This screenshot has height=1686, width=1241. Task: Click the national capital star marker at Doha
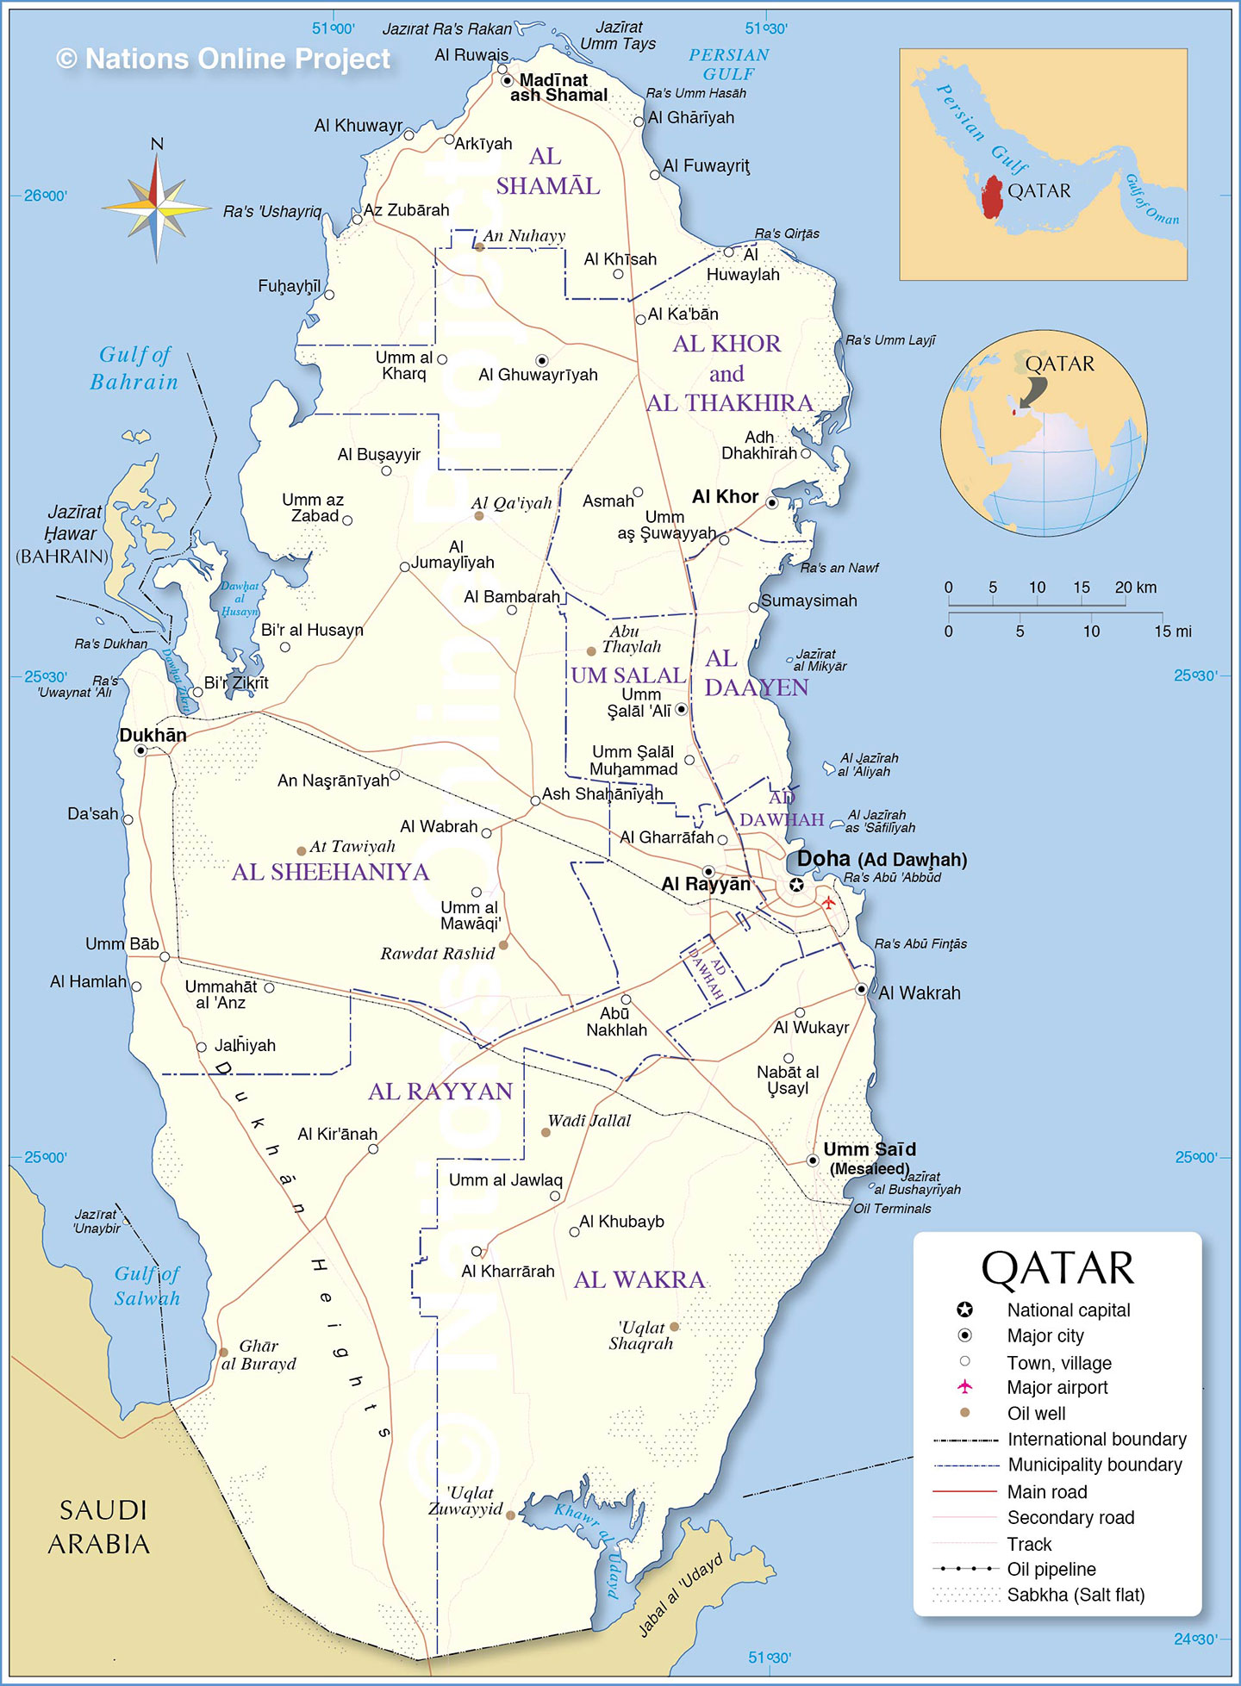pos(796,885)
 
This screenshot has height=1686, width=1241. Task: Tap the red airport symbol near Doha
pos(828,902)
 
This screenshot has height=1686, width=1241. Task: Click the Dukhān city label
pos(153,735)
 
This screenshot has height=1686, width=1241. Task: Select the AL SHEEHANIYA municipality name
pos(330,872)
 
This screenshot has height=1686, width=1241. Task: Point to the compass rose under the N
pos(156,207)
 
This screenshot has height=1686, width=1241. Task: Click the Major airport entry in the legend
pos(1057,1387)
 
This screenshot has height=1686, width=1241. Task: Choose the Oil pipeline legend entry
pos(1051,1569)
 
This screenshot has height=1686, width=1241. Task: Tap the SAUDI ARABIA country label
pos(98,1527)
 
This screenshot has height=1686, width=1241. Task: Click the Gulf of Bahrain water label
pos(134,368)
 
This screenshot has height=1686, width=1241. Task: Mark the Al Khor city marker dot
pos(772,502)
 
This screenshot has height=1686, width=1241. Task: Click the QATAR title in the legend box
pos(1057,1268)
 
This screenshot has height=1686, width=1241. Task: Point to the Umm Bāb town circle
pos(165,956)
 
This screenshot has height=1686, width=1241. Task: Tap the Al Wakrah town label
pos(919,993)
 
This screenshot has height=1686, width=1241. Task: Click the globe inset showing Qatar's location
pos(1044,433)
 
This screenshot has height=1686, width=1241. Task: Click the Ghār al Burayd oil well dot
pos(223,1352)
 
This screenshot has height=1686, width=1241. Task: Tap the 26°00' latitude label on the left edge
pos(45,196)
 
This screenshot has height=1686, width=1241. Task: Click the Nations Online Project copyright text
pos(223,59)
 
